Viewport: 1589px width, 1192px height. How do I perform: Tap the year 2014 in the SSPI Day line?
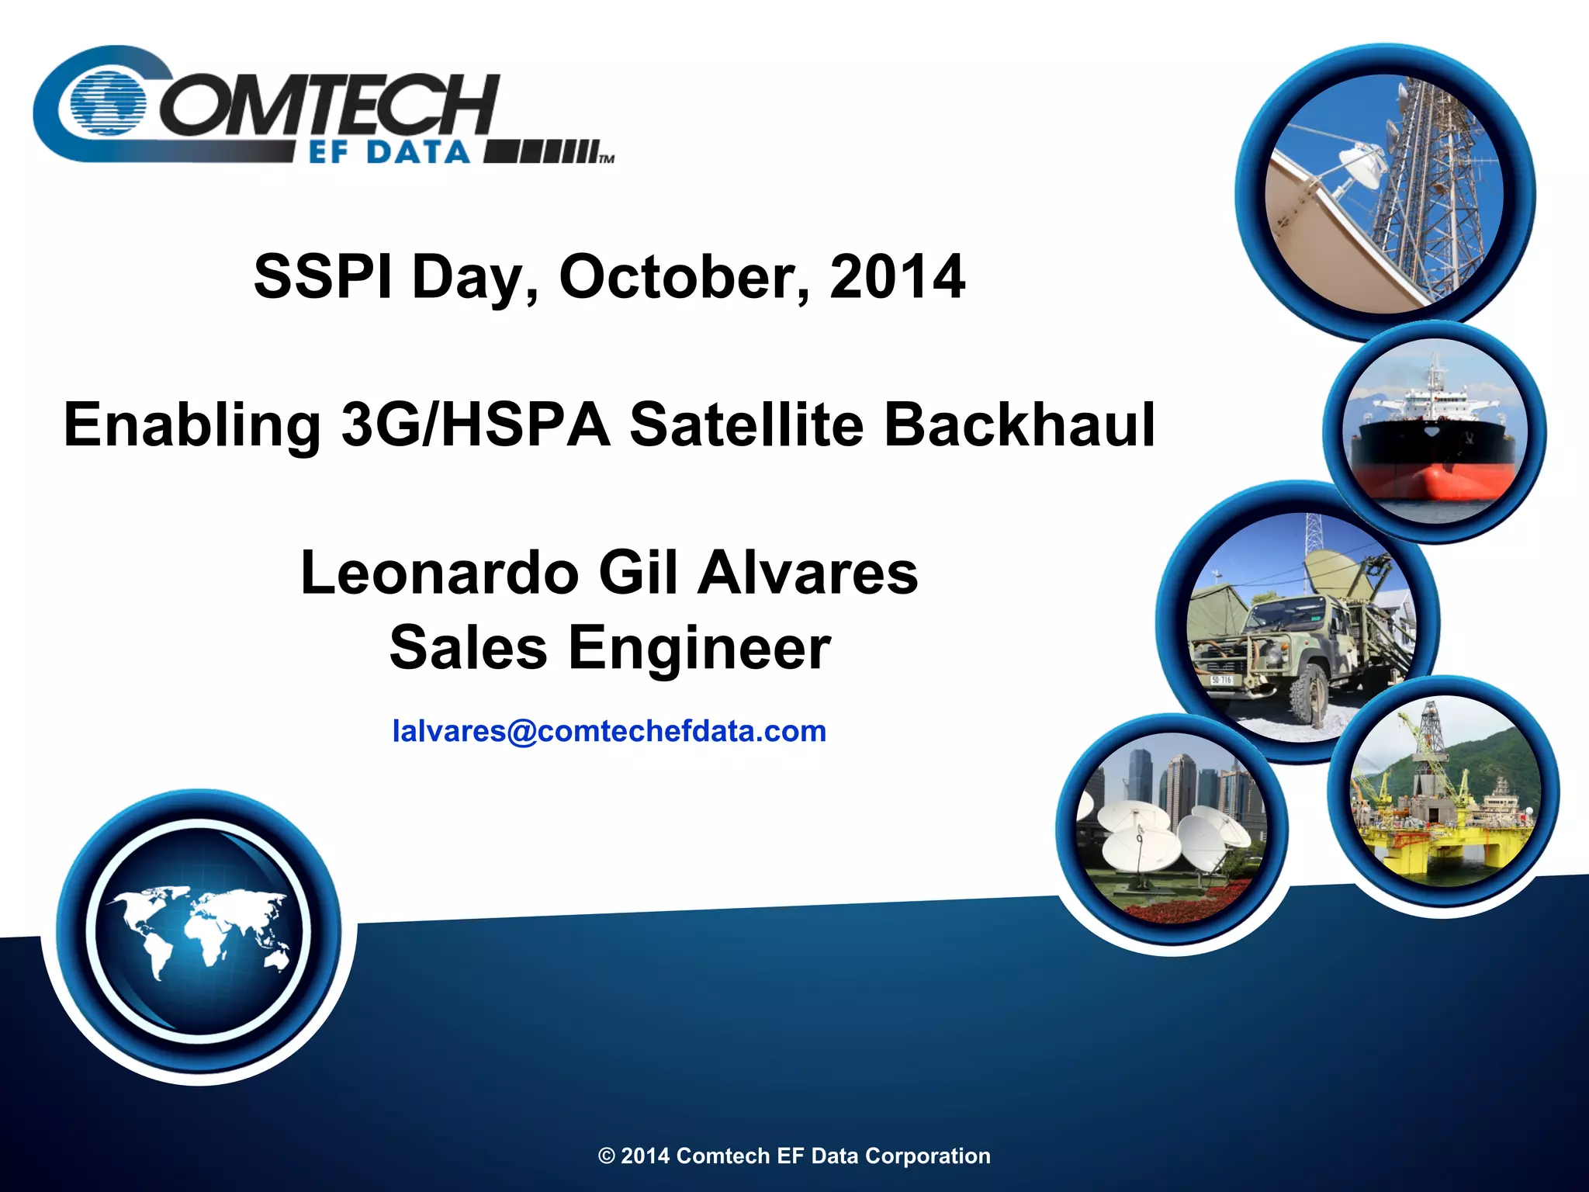click(897, 277)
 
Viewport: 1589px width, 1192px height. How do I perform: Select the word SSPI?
click(323, 277)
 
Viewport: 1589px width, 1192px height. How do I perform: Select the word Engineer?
click(699, 648)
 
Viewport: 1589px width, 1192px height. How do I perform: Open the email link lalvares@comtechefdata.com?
click(609, 731)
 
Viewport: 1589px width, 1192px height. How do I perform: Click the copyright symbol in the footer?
click(606, 1156)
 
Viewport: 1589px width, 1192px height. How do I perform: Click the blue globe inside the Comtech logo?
click(108, 103)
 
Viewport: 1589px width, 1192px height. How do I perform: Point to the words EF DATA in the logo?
click(389, 152)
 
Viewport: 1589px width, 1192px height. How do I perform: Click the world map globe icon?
click(199, 931)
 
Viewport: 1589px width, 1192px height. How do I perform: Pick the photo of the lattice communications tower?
click(1384, 194)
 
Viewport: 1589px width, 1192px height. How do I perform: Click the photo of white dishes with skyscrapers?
click(1172, 829)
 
